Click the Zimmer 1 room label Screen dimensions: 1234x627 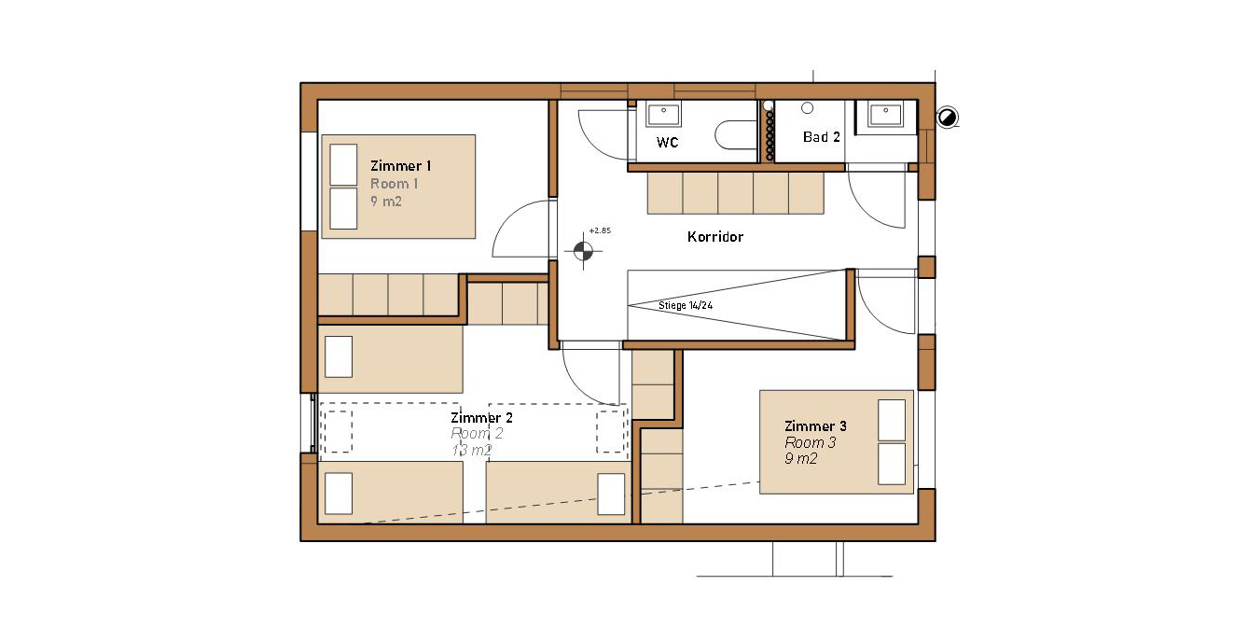click(400, 166)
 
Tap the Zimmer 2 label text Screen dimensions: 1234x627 click(481, 418)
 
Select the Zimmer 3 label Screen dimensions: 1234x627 click(815, 425)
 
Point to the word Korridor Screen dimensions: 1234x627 click(715, 237)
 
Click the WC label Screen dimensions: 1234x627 click(667, 143)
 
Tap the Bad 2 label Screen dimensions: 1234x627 click(822, 137)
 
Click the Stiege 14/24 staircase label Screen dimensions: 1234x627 click(686, 305)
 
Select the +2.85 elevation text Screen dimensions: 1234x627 click(600, 230)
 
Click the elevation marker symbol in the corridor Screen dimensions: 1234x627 click(583, 251)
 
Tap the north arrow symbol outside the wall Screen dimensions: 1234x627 click(947, 118)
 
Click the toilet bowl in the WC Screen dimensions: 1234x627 click(736, 135)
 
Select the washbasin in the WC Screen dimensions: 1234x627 click(663, 114)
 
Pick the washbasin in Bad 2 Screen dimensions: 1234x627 click(885, 114)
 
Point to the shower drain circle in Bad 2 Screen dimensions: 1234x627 click(807, 108)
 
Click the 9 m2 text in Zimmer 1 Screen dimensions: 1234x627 click(385, 202)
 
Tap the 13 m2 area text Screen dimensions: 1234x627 click(472, 450)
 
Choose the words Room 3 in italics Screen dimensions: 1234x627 click(810, 442)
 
